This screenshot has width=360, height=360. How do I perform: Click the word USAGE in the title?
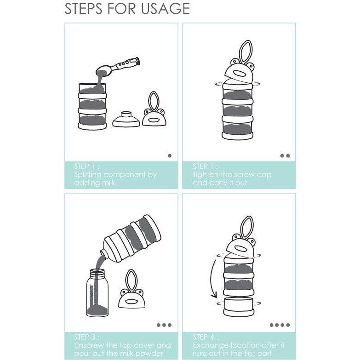166,9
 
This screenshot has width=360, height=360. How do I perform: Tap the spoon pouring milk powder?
118,66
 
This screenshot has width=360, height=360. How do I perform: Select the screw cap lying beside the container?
126,120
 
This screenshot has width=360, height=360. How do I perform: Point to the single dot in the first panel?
170,156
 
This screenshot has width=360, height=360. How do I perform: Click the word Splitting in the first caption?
87,175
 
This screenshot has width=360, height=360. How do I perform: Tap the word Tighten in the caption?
206,175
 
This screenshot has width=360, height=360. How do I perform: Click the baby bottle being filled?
97,293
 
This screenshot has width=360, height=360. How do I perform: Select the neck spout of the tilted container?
104,253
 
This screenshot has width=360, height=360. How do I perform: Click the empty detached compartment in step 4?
239,306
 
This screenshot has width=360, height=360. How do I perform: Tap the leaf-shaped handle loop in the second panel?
246,52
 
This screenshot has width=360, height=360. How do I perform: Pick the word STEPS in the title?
83,9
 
